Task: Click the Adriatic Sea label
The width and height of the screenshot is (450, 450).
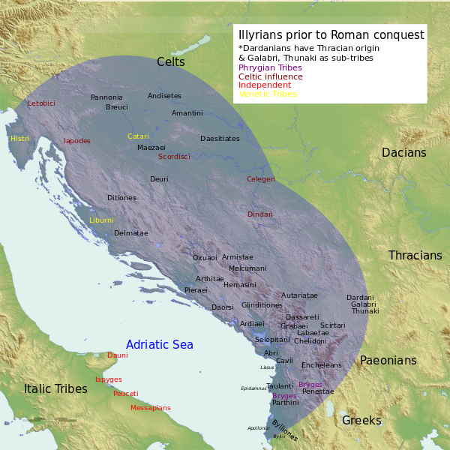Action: pos(159,345)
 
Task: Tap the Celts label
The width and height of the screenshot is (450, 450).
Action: pos(171,62)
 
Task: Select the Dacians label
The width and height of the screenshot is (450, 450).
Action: pos(403,153)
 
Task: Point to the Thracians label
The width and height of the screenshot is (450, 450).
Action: pos(415,256)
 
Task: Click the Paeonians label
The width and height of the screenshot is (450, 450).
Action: pos(388,361)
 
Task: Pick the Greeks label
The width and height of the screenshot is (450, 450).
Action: pos(361,421)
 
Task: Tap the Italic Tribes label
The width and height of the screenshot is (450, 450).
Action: pos(55,388)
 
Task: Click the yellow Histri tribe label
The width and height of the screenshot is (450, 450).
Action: pos(19,139)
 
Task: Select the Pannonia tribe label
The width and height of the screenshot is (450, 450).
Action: pos(106,97)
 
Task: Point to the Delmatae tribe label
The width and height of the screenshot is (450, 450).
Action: pos(131,233)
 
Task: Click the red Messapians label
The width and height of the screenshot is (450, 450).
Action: pos(151,408)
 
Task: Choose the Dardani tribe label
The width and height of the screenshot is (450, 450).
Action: pos(360,298)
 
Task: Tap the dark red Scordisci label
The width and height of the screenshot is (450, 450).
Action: pos(174,157)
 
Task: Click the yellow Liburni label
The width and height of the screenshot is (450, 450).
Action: pos(101,220)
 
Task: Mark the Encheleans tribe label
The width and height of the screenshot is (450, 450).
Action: pos(321,365)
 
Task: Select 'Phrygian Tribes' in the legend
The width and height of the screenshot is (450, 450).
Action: pos(270,67)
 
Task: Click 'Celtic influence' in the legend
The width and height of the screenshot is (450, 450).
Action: pos(270,76)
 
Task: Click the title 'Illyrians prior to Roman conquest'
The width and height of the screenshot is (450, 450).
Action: pos(331,35)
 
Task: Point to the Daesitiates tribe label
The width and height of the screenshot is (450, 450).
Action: pos(220,139)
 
